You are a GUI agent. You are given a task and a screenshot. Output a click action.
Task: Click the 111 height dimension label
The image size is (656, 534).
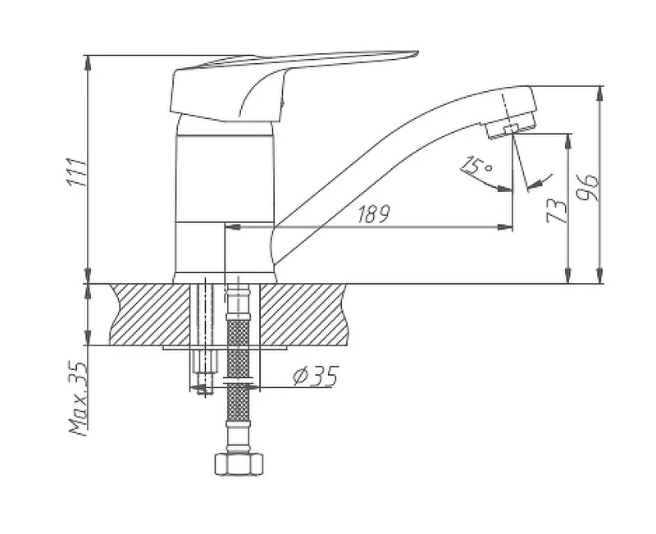coord(76,171)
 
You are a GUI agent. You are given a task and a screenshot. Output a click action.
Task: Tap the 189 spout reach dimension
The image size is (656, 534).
coord(374,214)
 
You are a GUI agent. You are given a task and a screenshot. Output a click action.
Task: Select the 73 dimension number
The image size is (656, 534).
coord(558,212)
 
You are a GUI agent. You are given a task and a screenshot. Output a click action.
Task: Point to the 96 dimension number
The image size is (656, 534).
coord(587,187)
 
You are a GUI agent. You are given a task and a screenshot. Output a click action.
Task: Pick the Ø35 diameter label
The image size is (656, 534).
coord(315,376)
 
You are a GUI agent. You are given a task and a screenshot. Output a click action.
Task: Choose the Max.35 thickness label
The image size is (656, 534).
coord(78,398)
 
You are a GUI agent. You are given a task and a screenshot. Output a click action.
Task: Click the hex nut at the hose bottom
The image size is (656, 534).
coord(239,463)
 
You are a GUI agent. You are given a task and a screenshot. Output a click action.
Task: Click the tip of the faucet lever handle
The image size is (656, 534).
coord(417,52)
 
